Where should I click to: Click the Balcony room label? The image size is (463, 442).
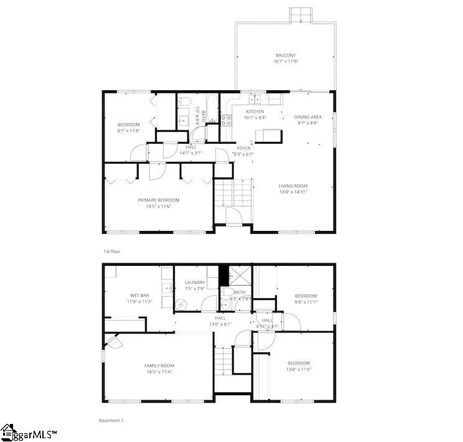point(285,55)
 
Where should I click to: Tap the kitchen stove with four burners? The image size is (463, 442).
point(227,120)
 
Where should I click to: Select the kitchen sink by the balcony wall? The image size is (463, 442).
point(255,98)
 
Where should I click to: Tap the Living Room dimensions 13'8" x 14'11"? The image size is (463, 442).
point(292,193)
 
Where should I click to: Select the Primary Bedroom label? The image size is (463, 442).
point(158,200)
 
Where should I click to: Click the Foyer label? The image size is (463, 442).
point(243,148)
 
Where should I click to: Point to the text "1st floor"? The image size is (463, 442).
point(112,252)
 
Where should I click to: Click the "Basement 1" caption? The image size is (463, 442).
point(112,421)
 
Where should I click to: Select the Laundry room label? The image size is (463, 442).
point(195,283)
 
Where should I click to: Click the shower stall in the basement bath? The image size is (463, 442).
point(237,275)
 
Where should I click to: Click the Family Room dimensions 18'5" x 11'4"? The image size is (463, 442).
point(158,372)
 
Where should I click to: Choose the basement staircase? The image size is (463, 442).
point(222,361)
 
